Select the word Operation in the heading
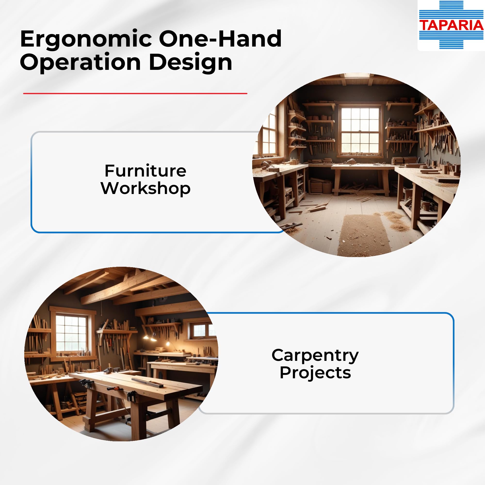coord(80,62)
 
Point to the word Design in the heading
coord(191,62)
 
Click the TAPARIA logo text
coord(451,25)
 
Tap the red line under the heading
coord(135,93)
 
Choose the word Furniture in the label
coord(145,171)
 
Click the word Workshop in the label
coord(145,188)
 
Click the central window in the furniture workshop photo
coord(360,130)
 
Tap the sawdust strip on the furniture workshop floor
coord(364,235)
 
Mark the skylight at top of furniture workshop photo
coord(356,75)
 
